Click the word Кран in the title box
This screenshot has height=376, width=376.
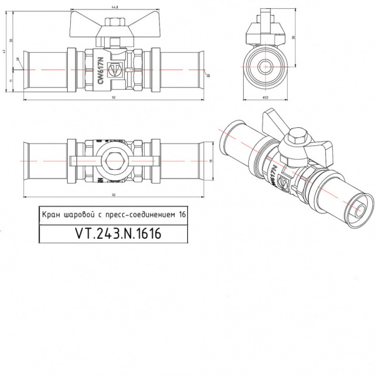pyautogui.click(x=52, y=214)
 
